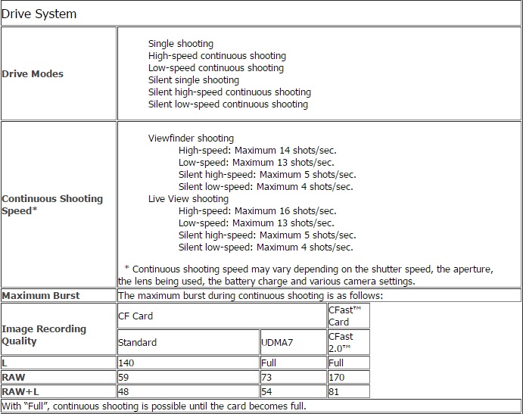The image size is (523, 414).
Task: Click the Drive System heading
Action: pos(39,14)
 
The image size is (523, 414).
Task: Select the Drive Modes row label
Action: pos(33,73)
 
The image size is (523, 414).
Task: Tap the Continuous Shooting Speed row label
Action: pos(52,204)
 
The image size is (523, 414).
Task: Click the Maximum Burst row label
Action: pos(41,295)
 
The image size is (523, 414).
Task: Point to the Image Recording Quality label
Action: pos(44,335)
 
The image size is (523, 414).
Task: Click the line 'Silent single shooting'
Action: pos(193,80)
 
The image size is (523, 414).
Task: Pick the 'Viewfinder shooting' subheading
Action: pos(191,139)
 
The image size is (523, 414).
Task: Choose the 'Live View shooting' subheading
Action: pos(188,199)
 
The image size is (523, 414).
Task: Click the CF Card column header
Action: pos(135,316)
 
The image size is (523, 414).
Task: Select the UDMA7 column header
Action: pos(279,342)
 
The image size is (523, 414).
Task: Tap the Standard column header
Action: pos(137,342)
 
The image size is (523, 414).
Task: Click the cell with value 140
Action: pos(127,363)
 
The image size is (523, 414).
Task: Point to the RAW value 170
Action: pos(336,377)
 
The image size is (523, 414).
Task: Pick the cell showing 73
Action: pos(266,377)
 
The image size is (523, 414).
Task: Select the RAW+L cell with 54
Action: pos(266,391)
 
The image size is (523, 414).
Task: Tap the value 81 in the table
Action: pos(334,391)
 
